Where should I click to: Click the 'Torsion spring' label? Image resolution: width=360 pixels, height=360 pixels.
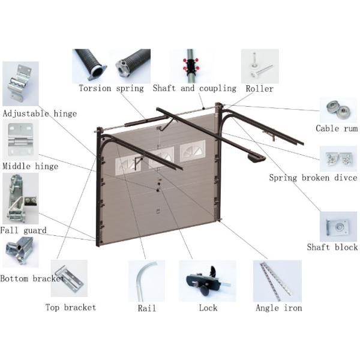point(111,89)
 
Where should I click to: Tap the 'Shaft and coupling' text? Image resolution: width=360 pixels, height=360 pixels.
point(194,89)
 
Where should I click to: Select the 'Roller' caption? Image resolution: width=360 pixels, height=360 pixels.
point(259,89)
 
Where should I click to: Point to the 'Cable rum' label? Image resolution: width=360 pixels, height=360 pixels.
point(336,128)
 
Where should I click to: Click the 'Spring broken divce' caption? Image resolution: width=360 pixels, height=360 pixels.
point(313,178)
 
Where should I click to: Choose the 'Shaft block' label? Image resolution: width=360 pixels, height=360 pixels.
point(332,247)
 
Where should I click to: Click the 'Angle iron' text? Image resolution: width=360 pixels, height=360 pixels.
point(278,308)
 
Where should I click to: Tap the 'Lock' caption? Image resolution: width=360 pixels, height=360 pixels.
point(208,308)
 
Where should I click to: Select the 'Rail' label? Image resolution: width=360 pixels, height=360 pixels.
point(146,308)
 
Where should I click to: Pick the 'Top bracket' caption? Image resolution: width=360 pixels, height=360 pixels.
point(71,308)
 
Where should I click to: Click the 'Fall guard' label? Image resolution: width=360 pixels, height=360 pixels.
point(23,230)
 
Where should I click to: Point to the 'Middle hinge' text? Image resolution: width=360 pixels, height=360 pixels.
point(30,166)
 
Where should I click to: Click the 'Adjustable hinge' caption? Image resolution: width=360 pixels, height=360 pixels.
point(39,113)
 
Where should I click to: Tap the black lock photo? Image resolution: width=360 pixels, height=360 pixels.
point(206,281)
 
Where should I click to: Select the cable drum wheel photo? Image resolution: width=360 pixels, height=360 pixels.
point(337,110)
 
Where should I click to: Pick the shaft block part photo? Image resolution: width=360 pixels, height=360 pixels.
point(337,227)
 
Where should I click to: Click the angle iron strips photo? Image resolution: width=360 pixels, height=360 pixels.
point(277,280)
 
